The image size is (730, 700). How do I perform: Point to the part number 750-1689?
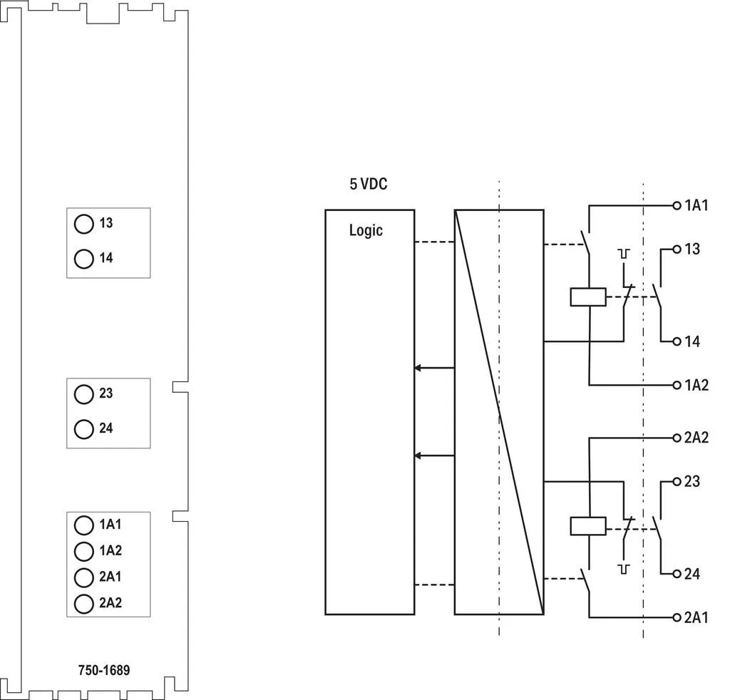pos(104,670)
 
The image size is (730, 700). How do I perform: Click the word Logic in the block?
pos(366,231)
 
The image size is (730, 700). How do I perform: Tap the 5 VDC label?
pos(369,184)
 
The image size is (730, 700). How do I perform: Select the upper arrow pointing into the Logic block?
pos(434,368)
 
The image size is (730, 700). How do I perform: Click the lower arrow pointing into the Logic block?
pos(434,455)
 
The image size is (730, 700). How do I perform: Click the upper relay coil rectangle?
pos(588,297)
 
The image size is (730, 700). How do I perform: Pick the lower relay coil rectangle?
pos(588,526)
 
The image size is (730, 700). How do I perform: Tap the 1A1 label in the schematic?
pos(696,205)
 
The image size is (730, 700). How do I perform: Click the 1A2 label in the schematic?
pos(696,386)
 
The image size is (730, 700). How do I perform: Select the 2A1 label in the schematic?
pos(696,617)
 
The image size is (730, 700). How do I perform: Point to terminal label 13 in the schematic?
pos(692,249)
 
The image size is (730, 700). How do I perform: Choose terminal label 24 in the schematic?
pos(692,574)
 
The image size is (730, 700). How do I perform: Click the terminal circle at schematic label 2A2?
pos(677,438)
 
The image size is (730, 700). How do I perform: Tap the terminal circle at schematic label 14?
pos(677,341)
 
